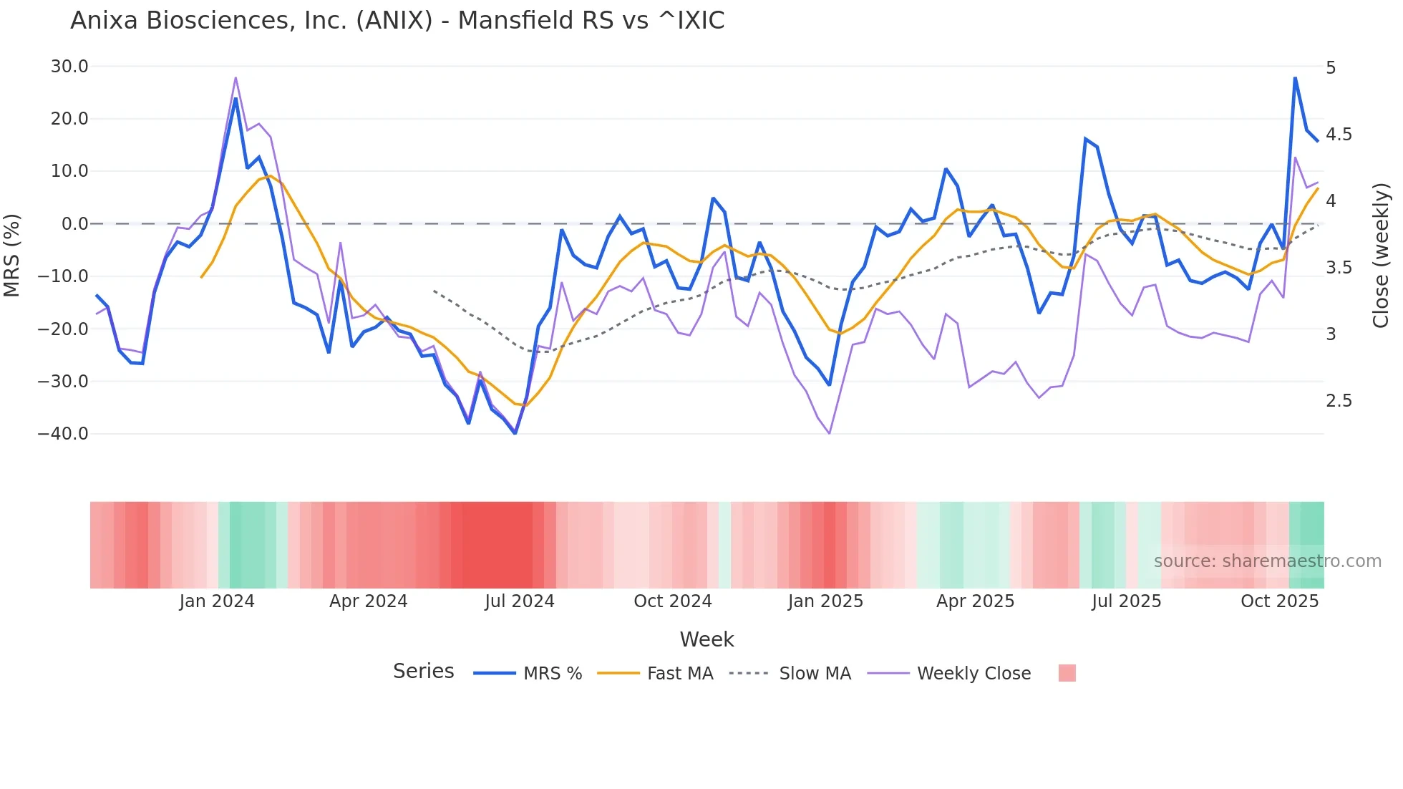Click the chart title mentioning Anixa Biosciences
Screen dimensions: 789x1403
tap(397, 21)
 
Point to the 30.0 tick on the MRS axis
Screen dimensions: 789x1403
tap(69, 67)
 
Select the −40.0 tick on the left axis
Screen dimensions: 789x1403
tap(63, 434)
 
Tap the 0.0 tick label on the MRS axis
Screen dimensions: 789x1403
tap(75, 224)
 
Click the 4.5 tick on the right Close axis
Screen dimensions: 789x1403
tap(1339, 135)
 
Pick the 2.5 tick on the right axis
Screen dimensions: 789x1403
tap(1339, 401)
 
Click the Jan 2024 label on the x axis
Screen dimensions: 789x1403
tap(217, 601)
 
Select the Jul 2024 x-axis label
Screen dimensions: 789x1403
tap(520, 601)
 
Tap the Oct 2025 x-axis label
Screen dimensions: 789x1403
tap(1279, 601)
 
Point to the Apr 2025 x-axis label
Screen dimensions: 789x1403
tap(975, 601)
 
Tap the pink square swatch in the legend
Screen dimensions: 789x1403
tap(1067, 673)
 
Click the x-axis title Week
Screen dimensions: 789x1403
tap(707, 639)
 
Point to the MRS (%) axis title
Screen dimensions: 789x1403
tap(12, 255)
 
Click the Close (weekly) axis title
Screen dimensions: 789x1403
tap(1381, 256)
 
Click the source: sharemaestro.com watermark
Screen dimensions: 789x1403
tap(1267, 561)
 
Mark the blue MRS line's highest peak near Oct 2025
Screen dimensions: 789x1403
tap(1295, 78)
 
